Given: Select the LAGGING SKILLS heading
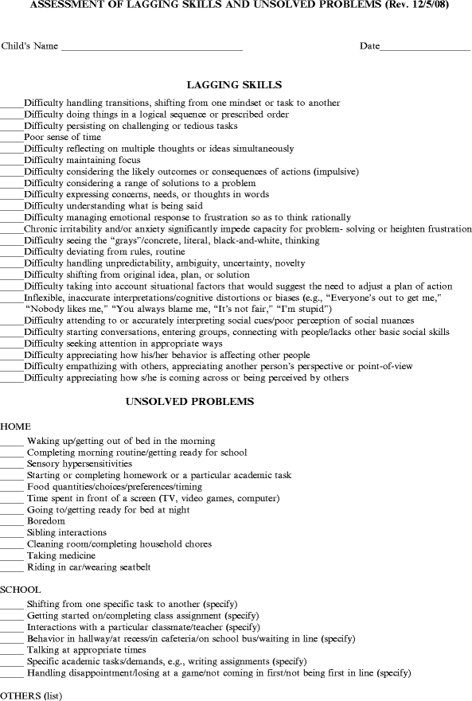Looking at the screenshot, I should [x=234, y=84].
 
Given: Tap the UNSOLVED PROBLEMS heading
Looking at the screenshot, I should [x=190, y=402].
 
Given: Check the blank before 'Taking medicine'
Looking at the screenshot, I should [x=12, y=557].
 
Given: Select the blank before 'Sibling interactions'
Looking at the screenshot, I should [x=12, y=534].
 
